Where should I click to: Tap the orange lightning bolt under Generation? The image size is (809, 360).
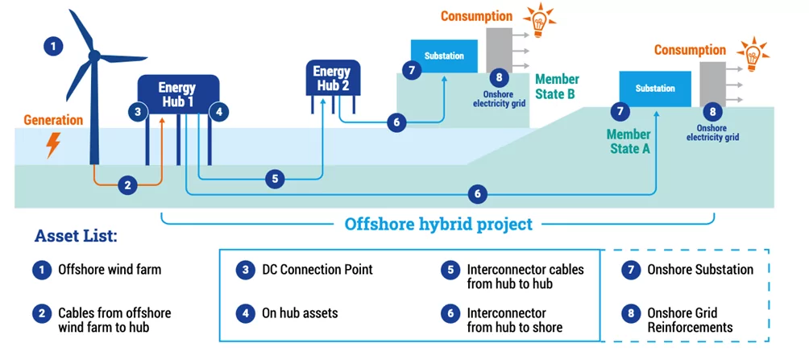53,144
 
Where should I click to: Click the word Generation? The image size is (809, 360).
53,120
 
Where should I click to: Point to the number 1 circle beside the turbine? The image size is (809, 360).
53,46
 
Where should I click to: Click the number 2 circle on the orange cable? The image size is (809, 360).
127,185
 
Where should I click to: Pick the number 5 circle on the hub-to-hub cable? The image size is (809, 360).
275,179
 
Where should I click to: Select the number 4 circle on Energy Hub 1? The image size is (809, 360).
218,112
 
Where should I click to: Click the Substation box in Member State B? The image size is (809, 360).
444,56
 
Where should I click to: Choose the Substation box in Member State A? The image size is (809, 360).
655,88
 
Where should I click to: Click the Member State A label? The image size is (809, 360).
629,141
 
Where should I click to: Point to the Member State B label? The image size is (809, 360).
557,86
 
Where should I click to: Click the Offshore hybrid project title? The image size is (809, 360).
438,223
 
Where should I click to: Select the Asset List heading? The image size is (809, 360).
76,236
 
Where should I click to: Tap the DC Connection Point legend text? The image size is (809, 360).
317,270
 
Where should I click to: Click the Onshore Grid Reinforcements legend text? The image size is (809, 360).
690,320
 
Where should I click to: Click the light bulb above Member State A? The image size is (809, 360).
753,52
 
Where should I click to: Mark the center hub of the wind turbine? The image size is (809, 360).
93,55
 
